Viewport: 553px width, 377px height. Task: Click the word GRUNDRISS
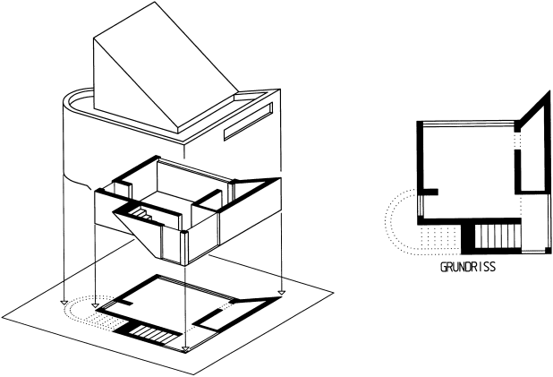click(x=468, y=267)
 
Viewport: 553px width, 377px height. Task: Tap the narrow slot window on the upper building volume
click(x=248, y=122)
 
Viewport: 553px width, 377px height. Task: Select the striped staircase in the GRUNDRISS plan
click(x=498, y=236)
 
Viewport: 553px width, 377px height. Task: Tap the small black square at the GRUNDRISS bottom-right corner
click(x=548, y=251)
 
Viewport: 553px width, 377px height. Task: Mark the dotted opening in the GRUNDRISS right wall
click(x=517, y=141)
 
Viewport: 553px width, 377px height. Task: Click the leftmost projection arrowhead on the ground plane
click(x=64, y=302)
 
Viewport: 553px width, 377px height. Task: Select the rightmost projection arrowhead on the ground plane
click(x=282, y=292)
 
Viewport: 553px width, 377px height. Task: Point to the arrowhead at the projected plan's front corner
click(x=185, y=350)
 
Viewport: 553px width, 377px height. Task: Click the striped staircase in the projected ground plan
click(x=152, y=334)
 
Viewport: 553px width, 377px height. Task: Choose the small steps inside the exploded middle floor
click(x=141, y=213)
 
